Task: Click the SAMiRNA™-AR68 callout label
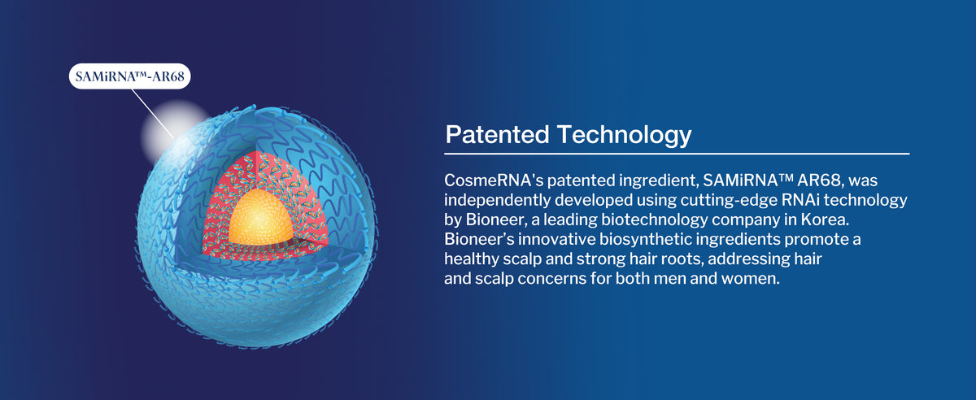130,76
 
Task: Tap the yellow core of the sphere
260,218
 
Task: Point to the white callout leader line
153,114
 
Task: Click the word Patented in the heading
497,134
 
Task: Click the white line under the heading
677,154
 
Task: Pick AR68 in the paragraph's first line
819,180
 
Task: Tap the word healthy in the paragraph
471,259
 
